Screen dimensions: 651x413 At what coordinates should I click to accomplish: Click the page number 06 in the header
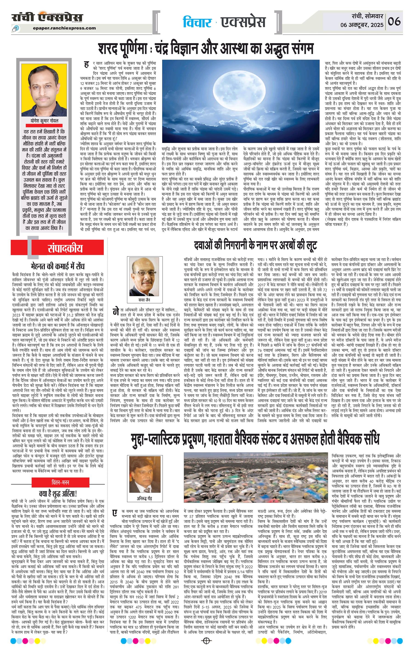(x=394, y=21)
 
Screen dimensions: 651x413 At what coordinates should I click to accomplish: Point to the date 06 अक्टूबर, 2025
(x=362, y=25)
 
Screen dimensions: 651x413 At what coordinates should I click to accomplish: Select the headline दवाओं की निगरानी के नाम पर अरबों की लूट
(x=255, y=245)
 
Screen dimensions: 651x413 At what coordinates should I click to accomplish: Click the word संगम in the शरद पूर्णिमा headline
(x=299, y=49)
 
